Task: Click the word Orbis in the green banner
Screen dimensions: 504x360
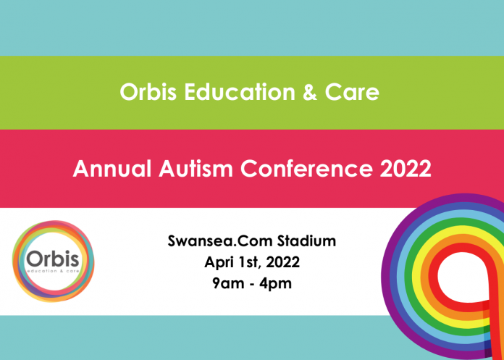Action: (x=148, y=92)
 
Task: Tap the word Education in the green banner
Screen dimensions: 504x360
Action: (x=240, y=92)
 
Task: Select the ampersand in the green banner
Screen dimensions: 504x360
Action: (x=310, y=92)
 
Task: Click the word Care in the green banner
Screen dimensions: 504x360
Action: (x=352, y=92)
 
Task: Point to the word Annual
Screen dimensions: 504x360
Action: (x=112, y=169)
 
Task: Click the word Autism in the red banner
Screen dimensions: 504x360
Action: (x=196, y=169)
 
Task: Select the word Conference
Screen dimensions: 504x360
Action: (x=306, y=169)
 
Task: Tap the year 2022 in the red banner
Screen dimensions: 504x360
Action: (x=406, y=169)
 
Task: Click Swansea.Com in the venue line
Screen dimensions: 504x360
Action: (x=220, y=240)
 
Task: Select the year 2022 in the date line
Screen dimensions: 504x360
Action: (x=283, y=262)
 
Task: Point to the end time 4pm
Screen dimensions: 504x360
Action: (x=276, y=284)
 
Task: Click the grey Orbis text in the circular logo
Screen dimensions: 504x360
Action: (x=53, y=259)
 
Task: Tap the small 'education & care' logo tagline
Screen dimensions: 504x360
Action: (x=53, y=272)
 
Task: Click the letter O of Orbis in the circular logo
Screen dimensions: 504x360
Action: (x=34, y=259)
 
